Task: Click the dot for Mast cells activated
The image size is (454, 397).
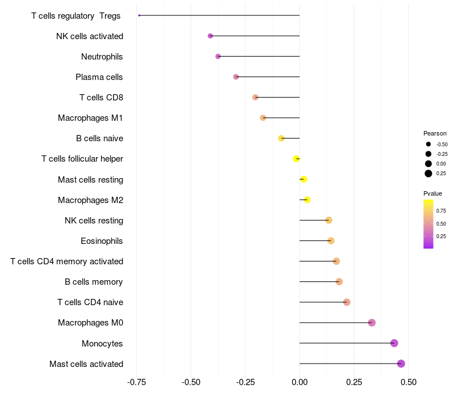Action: pyautogui.click(x=401, y=364)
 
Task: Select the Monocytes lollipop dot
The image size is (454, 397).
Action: pyautogui.click(x=394, y=343)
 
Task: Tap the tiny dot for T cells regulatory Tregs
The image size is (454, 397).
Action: pyautogui.click(x=139, y=15)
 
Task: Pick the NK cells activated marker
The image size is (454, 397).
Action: pyautogui.click(x=211, y=36)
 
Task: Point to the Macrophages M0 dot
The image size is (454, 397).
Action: pyautogui.click(x=372, y=323)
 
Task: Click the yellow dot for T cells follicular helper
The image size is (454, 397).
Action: pyautogui.click(x=296, y=159)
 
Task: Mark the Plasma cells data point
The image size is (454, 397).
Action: pyautogui.click(x=236, y=77)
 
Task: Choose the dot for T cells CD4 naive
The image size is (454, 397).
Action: pyautogui.click(x=347, y=302)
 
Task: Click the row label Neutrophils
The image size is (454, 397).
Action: pyautogui.click(x=102, y=57)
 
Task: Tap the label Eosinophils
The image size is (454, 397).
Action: pyautogui.click(x=102, y=241)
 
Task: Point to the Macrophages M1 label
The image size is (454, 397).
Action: pyautogui.click(x=90, y=118)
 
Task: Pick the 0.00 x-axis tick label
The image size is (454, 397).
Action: pyautogui.click(x=299, y=382)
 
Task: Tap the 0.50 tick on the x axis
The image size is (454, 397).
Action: pyautogui.click(x=408, y=382)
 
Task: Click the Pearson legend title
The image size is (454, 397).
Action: pyautogui.click(x=435, y=133)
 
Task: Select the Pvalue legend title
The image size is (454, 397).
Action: pyautogui.click(x=432, y=193)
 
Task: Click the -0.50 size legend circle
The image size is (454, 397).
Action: pyautogui.click(x=428, y=144)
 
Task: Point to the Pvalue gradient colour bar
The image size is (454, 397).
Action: pyautogui.click(x=428, y=223)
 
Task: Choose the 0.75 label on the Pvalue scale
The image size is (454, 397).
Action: pyautogui.click(x=441, y=211)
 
